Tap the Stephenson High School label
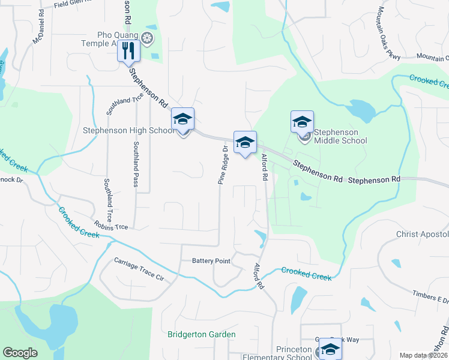[128, 130]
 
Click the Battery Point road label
[211, 261]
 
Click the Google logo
[20, 353]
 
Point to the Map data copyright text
[423, 355]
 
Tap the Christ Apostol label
[422, 234]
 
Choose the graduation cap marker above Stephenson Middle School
[302, 121]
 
